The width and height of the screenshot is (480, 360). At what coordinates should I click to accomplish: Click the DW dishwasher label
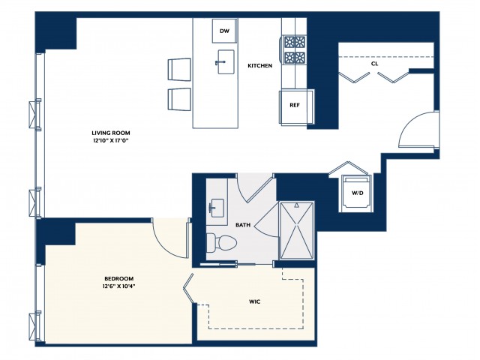(x=224, y=31)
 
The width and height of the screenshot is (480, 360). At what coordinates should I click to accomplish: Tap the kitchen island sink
(x=226, y=61)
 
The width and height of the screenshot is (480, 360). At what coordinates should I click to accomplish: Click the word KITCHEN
(x=260, y=65)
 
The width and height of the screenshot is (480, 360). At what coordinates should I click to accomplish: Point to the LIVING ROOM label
(x=111, y=133)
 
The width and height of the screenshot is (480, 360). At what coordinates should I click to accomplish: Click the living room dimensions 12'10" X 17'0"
(x=111, y=141)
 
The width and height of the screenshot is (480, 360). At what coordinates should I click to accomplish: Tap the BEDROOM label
(x=118, y=278)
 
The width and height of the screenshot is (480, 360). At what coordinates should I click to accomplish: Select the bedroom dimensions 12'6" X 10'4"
(x=118, y=286)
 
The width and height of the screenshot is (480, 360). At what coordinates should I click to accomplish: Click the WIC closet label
(x=255, y=301)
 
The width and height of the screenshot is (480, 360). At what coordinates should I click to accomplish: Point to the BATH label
(x=243, y=225)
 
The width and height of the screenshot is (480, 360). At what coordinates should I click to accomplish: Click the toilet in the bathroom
(x=222, y=243)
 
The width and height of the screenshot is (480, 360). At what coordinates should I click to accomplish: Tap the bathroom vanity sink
(x=217, y=208)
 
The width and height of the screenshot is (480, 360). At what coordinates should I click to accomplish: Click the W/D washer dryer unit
(x=357, y=193)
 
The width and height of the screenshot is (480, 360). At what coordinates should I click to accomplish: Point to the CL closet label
(x=374, y=64)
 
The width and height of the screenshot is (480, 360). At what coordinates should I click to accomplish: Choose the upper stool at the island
(x=179, y=70)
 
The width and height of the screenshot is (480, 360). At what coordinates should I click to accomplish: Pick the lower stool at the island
(x=179, y=100)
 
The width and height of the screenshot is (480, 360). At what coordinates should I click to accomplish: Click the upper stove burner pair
(x=295, y=41)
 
